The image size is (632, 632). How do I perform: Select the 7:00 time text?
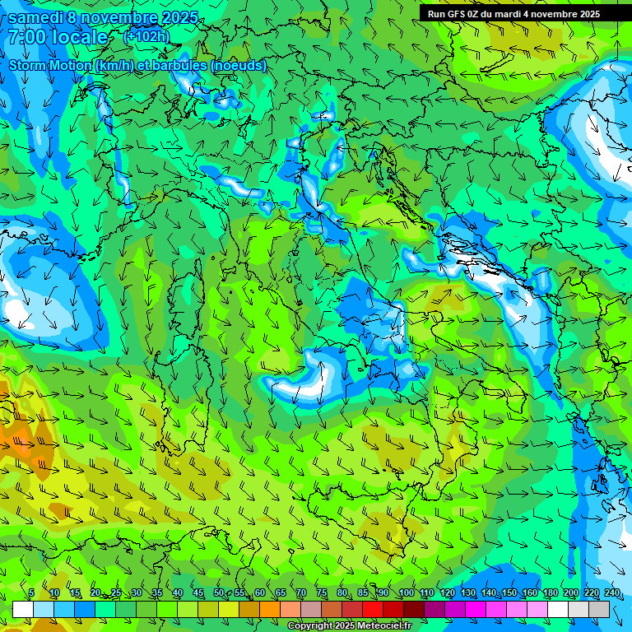[28, 37]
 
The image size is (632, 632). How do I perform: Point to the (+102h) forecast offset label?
[146, 36]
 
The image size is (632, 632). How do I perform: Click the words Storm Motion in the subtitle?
[49, 65]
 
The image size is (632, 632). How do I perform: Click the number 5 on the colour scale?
[31, 593]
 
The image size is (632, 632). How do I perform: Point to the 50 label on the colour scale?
[218, 593]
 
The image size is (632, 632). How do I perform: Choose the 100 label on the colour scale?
[407, 593]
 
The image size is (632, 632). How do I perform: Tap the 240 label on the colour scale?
[611, 593]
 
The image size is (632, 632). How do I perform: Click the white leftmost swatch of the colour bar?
[23, 609]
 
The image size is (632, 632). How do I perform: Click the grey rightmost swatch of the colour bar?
[599, 609]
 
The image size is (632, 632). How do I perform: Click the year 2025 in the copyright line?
[343, 626]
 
